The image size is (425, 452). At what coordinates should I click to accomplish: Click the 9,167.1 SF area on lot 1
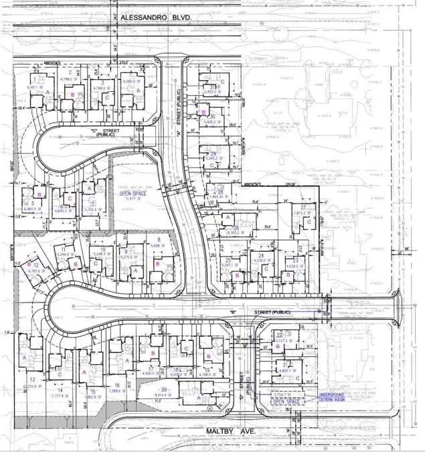click(35, 87)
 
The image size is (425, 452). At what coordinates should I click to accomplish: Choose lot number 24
click(260, 255)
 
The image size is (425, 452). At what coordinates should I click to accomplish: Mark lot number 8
click(158, 239)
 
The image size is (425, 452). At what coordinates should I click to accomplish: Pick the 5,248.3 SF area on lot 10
click(102, 254)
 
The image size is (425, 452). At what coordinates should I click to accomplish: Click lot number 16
click(116, 386)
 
